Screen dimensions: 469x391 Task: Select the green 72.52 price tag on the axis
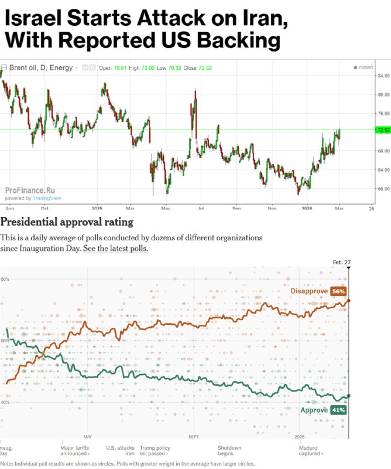[383, 130]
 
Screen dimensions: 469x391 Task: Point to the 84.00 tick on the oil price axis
[383, 76]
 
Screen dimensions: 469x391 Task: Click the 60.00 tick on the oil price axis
[383, 189]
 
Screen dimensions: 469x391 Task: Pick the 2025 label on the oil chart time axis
[97, 208]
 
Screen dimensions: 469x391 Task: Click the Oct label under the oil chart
[44, 208]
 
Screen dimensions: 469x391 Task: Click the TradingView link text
[47, 198]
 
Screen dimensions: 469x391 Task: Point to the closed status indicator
[363, 67]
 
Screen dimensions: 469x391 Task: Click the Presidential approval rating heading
[67, 222]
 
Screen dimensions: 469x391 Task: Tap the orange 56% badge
[338, 291]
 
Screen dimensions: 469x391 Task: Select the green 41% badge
[338, 410]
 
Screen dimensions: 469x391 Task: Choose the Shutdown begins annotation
[229, 450]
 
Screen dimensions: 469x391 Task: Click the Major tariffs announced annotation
[76, 450]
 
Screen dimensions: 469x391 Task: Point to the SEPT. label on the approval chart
[194, 437]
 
